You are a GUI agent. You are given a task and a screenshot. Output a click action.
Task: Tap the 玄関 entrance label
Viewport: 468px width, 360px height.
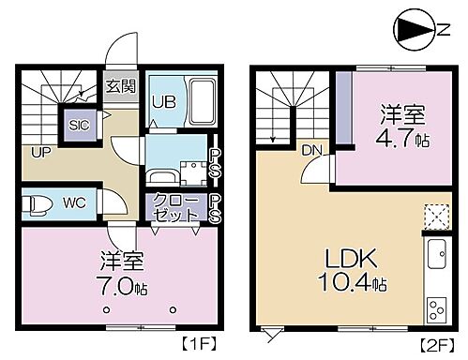[x=120, y=85]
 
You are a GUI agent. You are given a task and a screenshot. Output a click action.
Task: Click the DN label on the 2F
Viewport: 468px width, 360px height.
[x=311, y=148]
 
